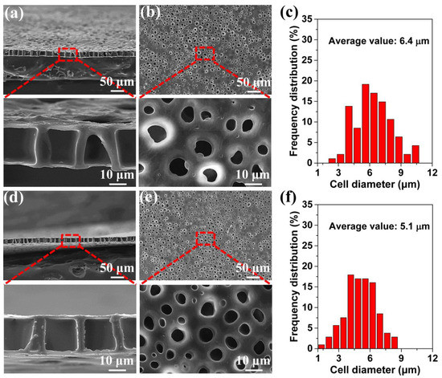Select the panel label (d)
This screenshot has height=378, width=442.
coord(18,201)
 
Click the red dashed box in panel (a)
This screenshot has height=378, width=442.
coord(69,54)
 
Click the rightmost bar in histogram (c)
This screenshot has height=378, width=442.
coord(416,154)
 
